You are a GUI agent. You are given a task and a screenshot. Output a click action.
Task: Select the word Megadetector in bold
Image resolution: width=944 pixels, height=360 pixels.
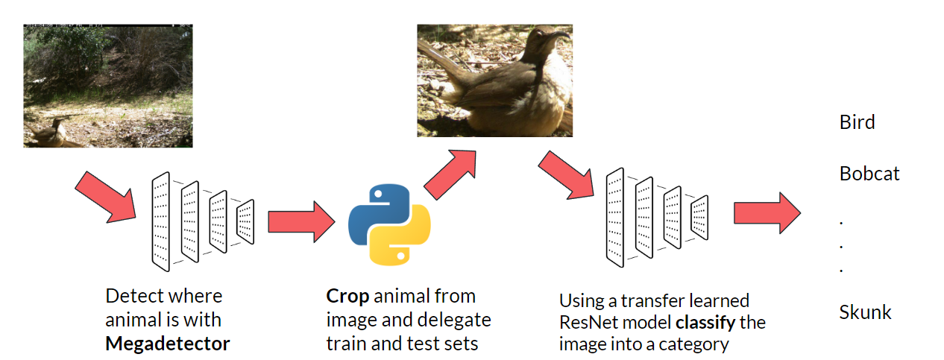pos(167,344)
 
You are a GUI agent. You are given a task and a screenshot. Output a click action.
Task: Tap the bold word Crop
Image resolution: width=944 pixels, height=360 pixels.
pos(347,296)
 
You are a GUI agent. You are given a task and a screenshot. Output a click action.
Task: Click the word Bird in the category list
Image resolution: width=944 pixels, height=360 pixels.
pos(857,122)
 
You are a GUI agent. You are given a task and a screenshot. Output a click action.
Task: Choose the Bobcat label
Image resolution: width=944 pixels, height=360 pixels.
pos(869,174)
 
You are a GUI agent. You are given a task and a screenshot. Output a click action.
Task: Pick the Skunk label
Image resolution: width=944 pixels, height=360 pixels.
pos(865,312)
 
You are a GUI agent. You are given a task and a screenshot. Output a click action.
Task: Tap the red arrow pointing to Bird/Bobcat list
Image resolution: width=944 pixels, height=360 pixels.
pos(767,213)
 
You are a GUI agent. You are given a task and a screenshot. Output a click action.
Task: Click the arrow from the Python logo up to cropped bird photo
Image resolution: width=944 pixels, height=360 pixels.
pos(450,173)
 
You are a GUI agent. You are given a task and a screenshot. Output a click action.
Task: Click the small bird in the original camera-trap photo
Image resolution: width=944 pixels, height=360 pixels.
pos(49,133)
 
